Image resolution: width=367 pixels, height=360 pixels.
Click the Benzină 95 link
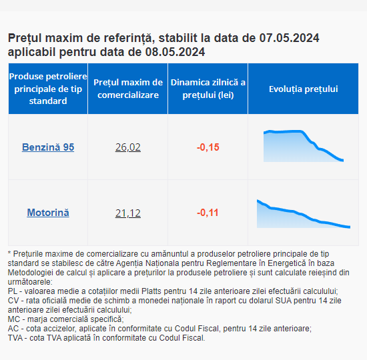pyautogui.click(x=48, y=147)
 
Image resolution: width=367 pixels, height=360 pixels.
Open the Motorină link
pyautogui.click(x=48, y=213)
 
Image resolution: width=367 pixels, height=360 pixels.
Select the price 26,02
pyautogui.click(x=128, y=147)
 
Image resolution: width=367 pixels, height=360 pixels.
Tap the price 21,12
pyautogui.click(x=128, y=213)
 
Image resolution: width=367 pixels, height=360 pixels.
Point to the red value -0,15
pyautogui.click(x=208, y=147)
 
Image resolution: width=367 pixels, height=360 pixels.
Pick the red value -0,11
pyautogui.click(x=208, y=213)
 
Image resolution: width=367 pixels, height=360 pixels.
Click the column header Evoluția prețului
pyautogui.click(x=304, y=89)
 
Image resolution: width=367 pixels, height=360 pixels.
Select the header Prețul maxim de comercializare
pyautogui.click(x=128, y=89)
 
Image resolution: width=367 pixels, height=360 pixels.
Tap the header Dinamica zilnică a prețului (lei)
pyautogui.click(x=208, y=89)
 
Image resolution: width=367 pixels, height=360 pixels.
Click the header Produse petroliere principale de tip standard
pyautogui.click(x=48, y=89)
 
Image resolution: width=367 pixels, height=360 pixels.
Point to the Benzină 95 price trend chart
pyautogui.click(x=304, y=146)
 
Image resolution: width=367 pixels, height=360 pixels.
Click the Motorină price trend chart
pyautogui.click(x=304, y=214)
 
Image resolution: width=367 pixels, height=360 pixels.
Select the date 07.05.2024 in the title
pyautogui.click(x=289, y=38)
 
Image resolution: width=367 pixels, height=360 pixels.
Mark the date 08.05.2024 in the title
pyautogui.click(x=175, y=52)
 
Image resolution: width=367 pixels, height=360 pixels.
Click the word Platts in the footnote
pyautogui.click(x=151, y=291)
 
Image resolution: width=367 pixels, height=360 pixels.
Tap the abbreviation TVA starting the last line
pyautogui.click(x=15, y=338)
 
